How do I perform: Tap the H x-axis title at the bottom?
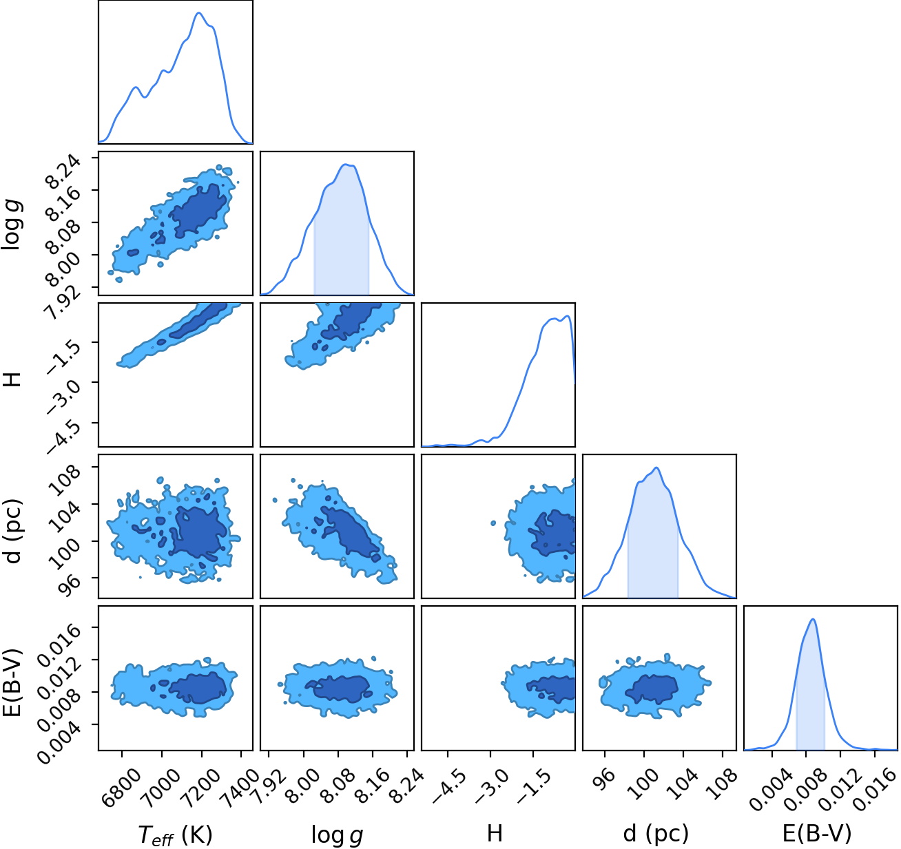point(495,833)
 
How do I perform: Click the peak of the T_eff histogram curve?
point(198,12)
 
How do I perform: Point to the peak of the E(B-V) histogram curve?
point(813,619)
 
